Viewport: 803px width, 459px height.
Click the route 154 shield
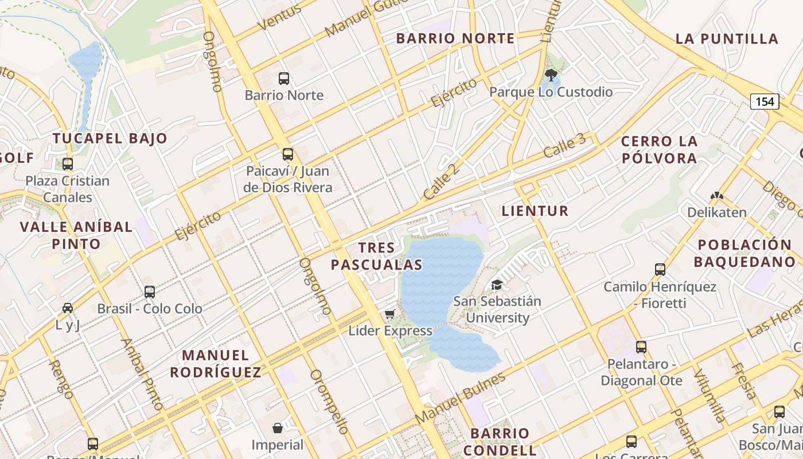(x=765, y=102)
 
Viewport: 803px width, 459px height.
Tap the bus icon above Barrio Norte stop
(x=284, y=79)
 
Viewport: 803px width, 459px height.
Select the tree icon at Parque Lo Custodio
(x=551, y=75)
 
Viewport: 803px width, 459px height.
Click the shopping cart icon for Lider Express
(x=390, y=314)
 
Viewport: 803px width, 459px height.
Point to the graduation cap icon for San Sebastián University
(x=497, y=285)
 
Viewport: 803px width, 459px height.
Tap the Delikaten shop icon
(x=717, y=196)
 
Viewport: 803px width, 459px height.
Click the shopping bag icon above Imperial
(x=278, y=428)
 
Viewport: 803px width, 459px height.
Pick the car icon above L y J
(x=68, y=308)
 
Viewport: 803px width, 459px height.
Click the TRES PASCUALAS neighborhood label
(x=377, y=256)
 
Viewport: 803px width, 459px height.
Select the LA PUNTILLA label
(x=727, y=39)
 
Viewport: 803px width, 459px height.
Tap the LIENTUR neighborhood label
(x=535, y=211)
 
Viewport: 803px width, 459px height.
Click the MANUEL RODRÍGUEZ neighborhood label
(x=216, y=364)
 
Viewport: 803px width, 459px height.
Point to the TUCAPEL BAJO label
(x=110, y=138)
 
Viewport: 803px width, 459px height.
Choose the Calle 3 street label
(x=565, y=146)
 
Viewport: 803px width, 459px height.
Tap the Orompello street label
(x=329, y=401)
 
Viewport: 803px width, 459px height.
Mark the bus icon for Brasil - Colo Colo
(x=150, y=292)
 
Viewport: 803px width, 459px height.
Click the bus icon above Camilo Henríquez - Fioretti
(x=660, y=270)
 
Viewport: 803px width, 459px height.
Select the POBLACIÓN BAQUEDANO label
(x=744, y=254)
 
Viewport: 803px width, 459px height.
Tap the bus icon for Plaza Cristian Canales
(x=68, y=164)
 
